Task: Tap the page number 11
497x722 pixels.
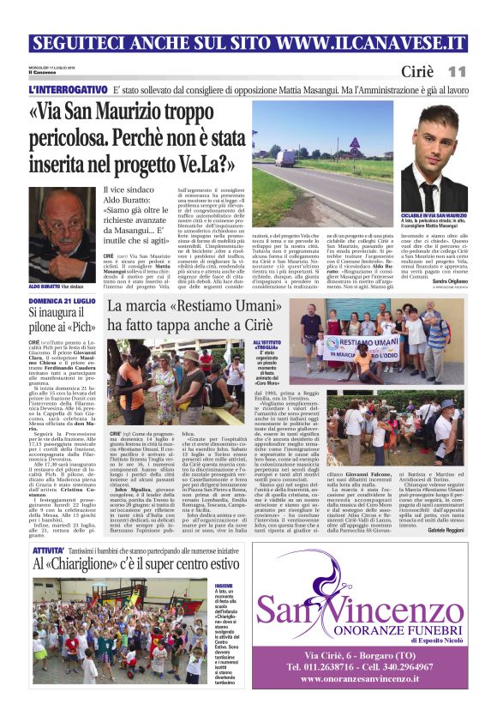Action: coord(457,72)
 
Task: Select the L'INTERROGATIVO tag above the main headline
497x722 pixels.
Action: coord(68,89)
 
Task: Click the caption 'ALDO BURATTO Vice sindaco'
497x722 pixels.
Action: coord(61,286)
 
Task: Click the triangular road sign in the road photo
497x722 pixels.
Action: coord(354,142)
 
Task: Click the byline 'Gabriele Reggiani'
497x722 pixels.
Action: coord(448,508)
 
